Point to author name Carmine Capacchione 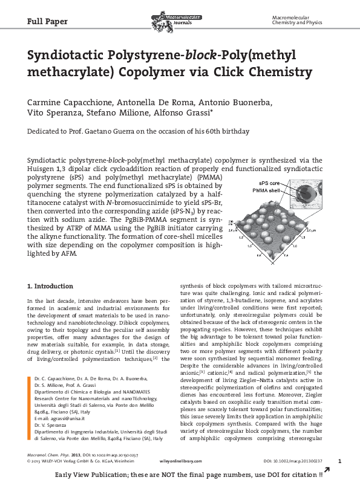pos(67,101)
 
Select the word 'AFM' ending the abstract pos(68,254)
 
